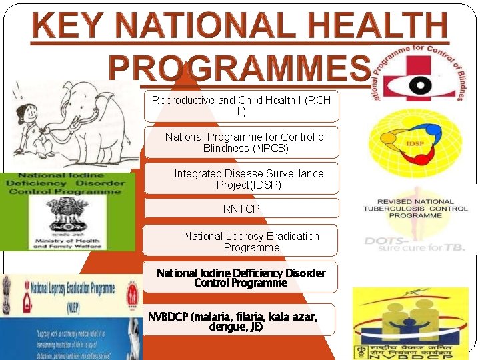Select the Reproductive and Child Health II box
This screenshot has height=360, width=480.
241,106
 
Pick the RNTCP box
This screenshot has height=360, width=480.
241,209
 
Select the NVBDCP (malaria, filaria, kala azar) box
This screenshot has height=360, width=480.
241,321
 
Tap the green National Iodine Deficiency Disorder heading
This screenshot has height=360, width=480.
66,183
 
